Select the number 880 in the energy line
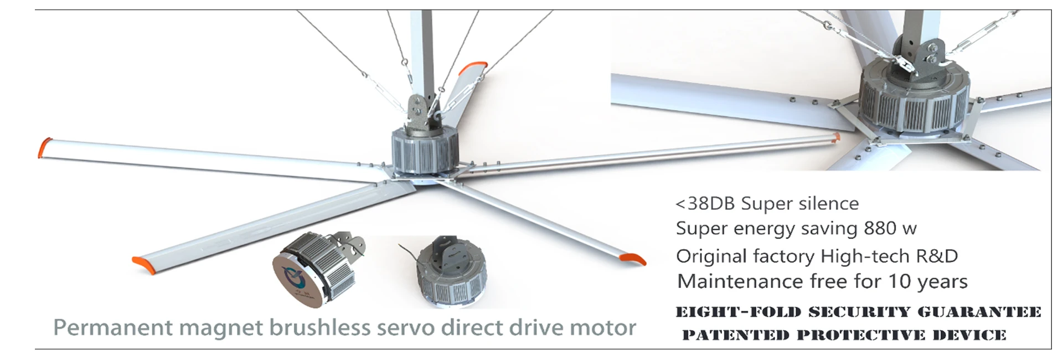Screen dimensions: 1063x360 point(880,228)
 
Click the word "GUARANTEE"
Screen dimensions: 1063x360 point(979,312)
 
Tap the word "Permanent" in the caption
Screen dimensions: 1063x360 point(113,328)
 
